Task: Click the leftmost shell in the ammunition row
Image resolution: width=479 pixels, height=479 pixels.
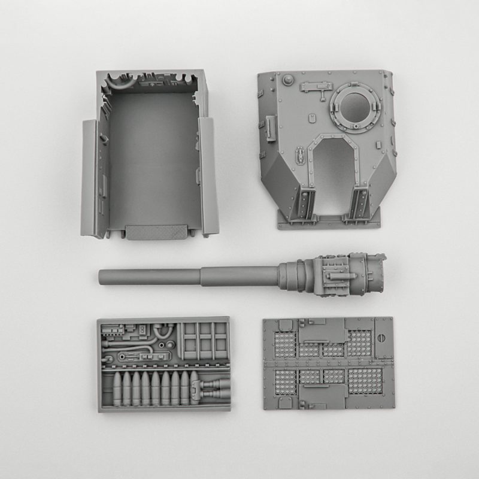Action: click(117, 388)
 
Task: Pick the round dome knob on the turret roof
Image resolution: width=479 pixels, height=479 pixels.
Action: click(288, 78)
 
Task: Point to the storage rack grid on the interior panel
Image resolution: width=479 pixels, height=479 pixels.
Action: click(204, 341)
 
